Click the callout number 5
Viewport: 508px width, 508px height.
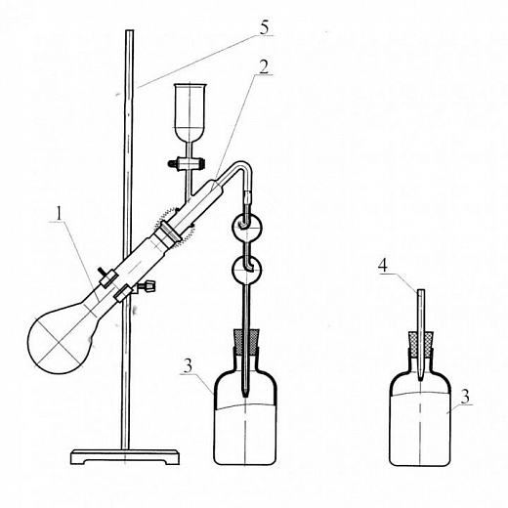[265, 27]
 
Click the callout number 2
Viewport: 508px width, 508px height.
[264, 66]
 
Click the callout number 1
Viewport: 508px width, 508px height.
[59, 214]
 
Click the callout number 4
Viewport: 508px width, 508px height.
[383, 266]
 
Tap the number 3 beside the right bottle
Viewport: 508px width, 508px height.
[466, 397]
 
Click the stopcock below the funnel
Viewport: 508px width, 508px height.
[187, 163]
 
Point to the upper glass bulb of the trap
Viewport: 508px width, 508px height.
[246, 226]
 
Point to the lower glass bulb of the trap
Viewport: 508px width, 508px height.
[247, 270]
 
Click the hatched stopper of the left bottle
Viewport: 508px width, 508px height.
[246, 342]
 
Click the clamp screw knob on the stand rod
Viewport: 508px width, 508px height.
[148, 287]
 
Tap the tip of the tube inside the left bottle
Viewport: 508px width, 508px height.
[245, 396]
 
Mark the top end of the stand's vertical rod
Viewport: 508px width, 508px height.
[130, 31]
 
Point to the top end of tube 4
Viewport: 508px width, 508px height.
[421, 290]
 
